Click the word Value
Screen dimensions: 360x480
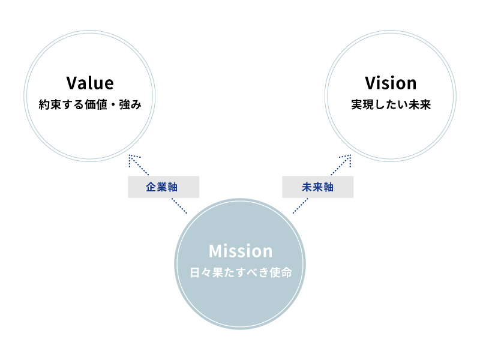[90, 83]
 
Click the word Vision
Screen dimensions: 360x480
[391, 83]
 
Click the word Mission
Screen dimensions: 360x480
[241, 250]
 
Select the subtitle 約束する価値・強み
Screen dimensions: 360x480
[90, 105]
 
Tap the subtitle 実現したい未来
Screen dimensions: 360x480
[391, 105]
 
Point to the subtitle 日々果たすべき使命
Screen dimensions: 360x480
[241, 272]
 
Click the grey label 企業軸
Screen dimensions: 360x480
[163, 187]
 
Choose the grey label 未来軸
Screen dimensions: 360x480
[317, 187]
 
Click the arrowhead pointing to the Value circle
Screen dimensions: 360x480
[131, 158]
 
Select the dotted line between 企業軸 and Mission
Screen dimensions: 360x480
[179, 206]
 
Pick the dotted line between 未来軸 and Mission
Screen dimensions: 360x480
[301, 206]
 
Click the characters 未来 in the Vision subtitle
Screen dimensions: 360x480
[421, 105]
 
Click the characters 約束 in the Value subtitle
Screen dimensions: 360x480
[49, 105]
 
